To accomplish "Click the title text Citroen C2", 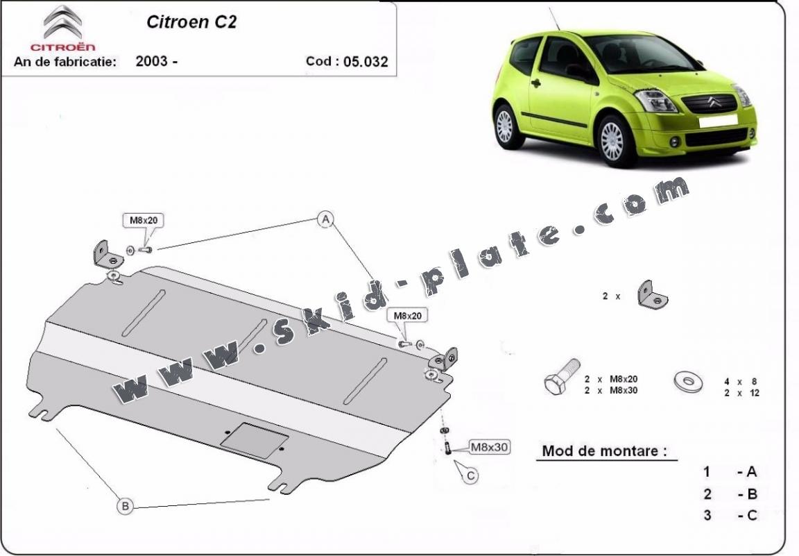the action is click(x=191, y=22).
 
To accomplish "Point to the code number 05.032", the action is click(x=366, y=62).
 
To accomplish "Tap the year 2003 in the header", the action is click(x=151, y=61).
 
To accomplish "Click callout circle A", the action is click(x=325, y=219).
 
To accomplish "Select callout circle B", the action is click(x=125, y=506).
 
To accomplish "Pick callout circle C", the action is click(x=471, y=475).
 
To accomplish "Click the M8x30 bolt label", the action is click(x=489, y=447).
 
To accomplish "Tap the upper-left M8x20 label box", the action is click(x=144, y=220).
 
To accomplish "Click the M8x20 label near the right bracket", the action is click(x=408, y=316).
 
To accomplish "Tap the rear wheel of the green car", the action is click(x=505, y=126).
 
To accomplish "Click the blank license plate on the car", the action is click(x=718, y=121).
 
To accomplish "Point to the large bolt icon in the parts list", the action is click(x=562, y=376).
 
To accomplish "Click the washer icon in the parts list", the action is click(x=688, y=381).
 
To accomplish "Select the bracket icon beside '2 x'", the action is click(x=652, y=294).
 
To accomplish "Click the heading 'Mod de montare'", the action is click(x=604, y=451).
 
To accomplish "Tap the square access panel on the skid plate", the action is click(x=255, y=440).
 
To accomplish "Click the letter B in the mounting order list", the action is click(x=752, y=494).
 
